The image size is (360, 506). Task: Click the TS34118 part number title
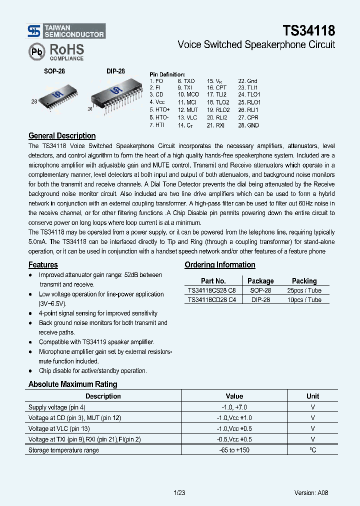(x=308, y=30)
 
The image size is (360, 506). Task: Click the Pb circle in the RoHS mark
(x=36, y=51)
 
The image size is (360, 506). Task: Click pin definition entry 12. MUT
(x=188, y=109)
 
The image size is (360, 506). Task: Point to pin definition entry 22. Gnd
(x=247, y=81)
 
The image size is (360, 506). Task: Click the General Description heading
(x=62, y=135)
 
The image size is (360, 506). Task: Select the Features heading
(x=43, y=264)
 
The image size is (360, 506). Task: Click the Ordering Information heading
(x=220, y=264)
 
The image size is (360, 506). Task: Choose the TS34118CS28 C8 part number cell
(x=212, y=290)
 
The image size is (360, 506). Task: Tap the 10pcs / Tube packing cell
(x=304, y=300)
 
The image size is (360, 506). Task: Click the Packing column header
(x=304, y=281)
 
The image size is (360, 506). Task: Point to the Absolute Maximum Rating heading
(x=73, y=384)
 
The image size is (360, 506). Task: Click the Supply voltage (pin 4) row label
(x=57, y=407)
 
